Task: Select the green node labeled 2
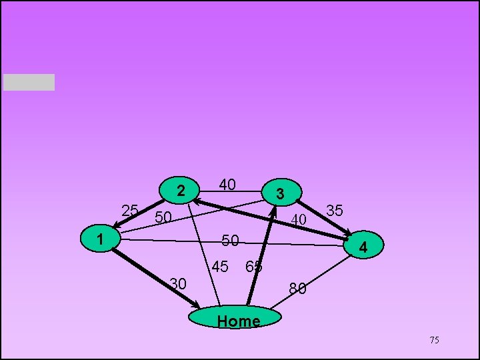pos(180,191)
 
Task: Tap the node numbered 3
pos(281,193)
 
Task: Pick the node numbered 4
pos(363,247)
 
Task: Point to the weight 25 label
pos(130,211)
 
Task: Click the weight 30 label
pos(177,283)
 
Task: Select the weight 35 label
pos(335,211)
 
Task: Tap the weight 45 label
pos(220,267)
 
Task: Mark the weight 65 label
pos(253,267)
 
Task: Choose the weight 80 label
pos(297,289)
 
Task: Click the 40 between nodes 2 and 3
pos(227,185)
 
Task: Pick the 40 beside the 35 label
pos(298,219)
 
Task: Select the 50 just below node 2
pos(163,217)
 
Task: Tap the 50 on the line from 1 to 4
pos(230,240)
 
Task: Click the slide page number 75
pos(434,341)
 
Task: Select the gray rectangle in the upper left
pos(29,82)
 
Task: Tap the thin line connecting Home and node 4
pos(313,280)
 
